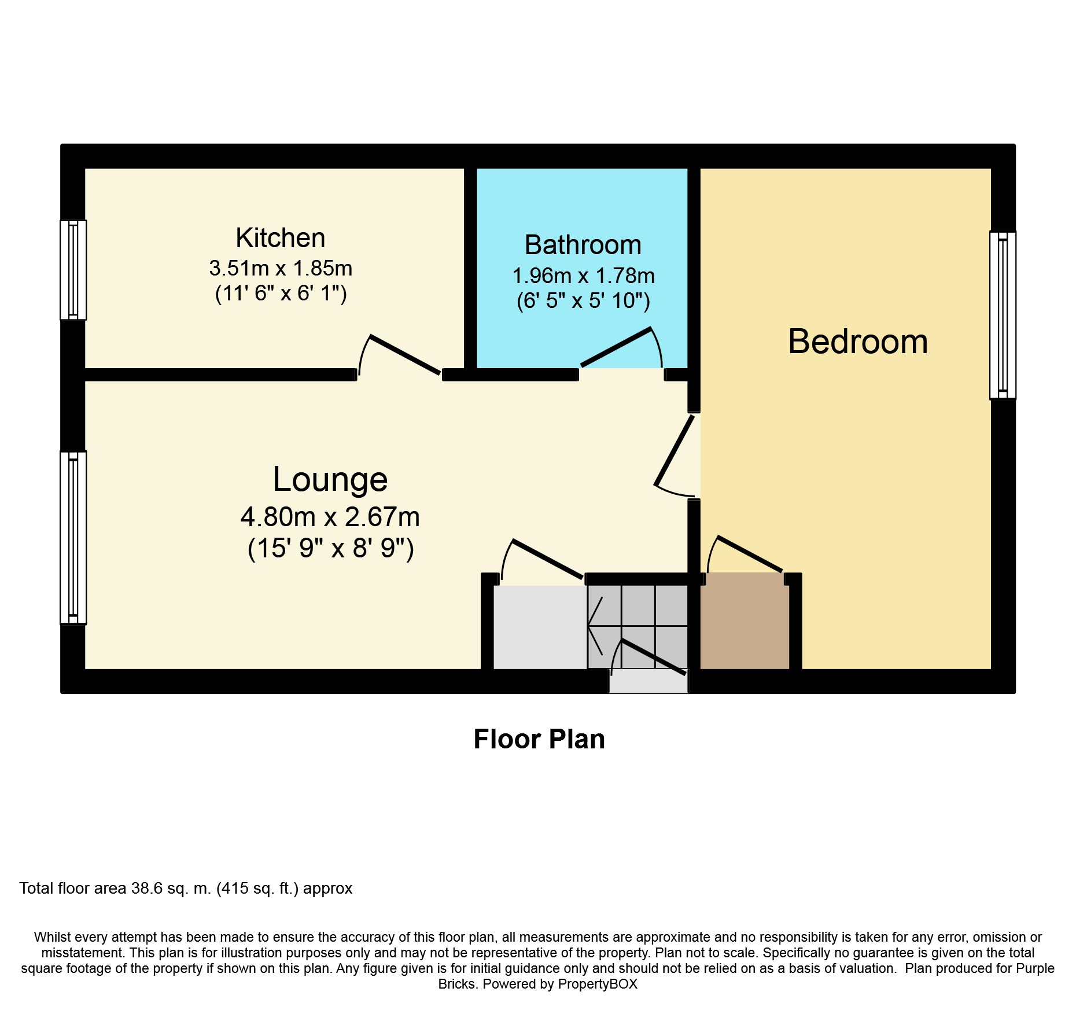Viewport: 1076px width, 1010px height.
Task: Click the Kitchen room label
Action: coord(281,238)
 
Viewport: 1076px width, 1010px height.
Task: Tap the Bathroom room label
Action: coord(583,245)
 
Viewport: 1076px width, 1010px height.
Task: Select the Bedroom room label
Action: coord(858,341)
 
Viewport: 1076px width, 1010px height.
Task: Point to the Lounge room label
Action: coord(330,479)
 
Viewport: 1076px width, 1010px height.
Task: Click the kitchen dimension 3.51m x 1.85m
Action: coord(281,268)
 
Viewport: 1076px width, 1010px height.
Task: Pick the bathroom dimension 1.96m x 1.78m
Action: coord(584,276)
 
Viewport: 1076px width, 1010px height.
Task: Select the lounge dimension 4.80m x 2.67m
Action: coord(330,517)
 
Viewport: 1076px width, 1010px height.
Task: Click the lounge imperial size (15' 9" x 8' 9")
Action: coord(331,548)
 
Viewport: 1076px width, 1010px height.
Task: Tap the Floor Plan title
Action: coord(539,739)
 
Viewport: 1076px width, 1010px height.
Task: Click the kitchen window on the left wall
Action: coord(73,270)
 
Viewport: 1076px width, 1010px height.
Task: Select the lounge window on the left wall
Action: coord(73,538)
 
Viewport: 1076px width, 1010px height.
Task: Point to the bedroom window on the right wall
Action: coord(1003,315)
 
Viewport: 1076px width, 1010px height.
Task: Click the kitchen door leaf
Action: coord(405,355)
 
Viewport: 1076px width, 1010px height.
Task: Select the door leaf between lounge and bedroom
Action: coord(674,450)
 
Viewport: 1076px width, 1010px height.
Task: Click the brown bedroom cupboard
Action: coord(745,621)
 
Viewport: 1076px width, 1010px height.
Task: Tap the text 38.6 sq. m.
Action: coord(171,888)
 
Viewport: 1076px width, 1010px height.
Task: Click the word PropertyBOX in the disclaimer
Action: coord(598,985)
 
